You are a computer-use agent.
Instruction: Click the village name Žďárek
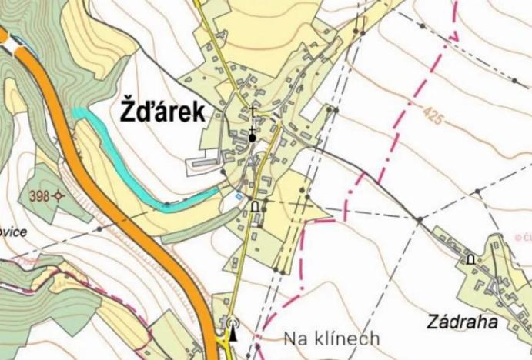162,112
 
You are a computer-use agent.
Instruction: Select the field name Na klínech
332,338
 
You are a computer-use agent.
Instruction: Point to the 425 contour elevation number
433,116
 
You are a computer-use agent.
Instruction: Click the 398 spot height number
40,196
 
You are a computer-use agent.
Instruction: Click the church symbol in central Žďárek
252,138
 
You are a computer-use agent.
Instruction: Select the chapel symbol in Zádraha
470,260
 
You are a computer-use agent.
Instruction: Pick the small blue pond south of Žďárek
238,196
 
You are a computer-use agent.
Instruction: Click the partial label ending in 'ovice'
14,232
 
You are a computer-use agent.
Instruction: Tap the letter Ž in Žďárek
129,112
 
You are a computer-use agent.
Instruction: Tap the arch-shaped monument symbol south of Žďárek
254,205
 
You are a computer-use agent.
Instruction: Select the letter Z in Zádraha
430,321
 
